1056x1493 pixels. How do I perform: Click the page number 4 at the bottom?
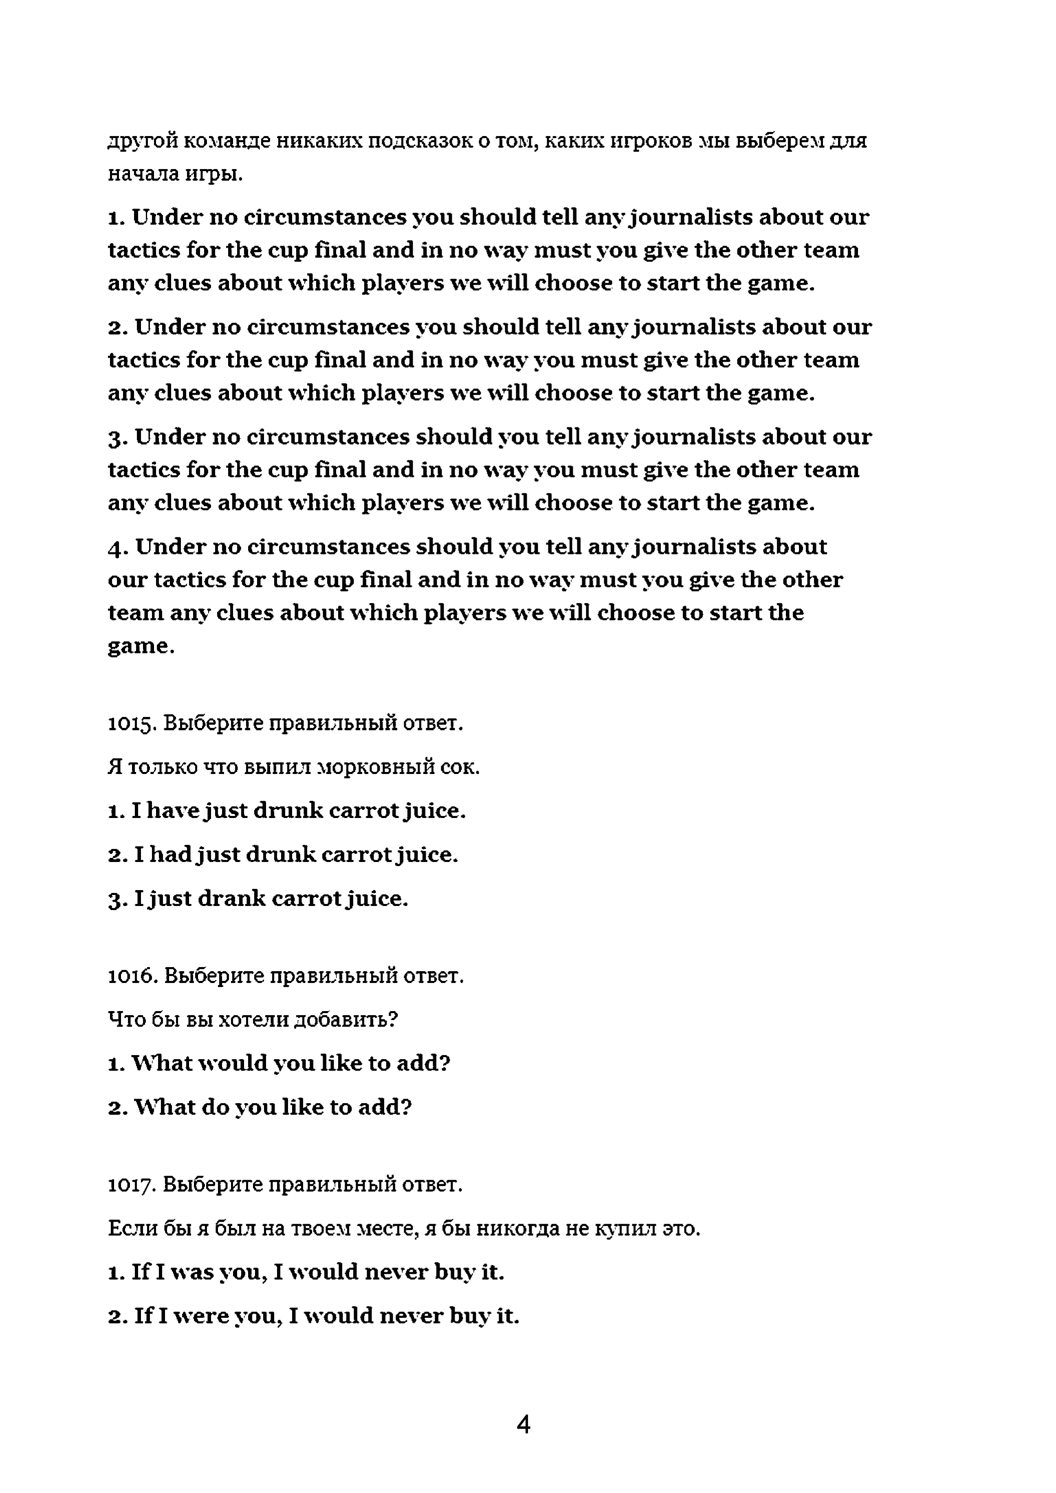click(x=524, y=1425)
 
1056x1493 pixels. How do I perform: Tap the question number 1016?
click(x=131, y=975)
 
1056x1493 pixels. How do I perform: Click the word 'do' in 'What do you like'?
click(x=215, y=1107)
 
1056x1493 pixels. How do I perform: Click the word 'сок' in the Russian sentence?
click(x=460, y=767)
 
